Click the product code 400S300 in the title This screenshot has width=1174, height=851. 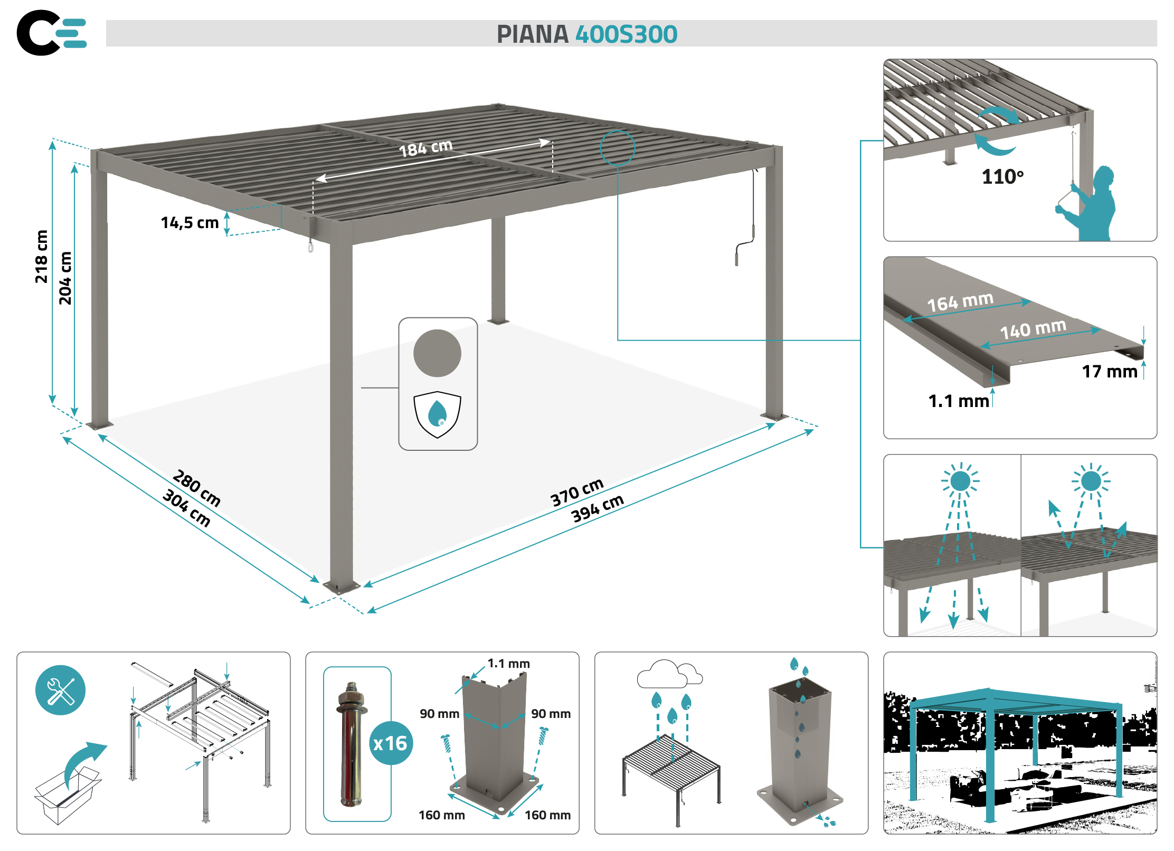[626, 34]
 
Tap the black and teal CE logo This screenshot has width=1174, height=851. [52, 33]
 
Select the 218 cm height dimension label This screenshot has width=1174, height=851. [41, 257]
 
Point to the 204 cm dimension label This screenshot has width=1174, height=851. [65, 278]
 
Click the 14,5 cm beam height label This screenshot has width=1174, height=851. [190, 223]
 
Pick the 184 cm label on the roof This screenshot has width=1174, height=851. [425, 148]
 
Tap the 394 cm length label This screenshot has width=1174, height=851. [598, 508]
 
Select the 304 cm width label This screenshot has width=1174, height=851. [186, 508]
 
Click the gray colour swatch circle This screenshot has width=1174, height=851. [437, 353]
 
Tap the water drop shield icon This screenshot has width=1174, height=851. [437, 414]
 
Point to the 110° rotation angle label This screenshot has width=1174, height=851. [1002, 177]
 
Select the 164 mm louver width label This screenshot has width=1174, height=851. [960, 301]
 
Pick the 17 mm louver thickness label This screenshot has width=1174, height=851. [1110, 372]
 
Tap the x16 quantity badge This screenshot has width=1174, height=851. [391, 743]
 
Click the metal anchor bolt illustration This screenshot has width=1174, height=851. [351, 744]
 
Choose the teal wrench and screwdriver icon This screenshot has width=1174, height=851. [60, 690]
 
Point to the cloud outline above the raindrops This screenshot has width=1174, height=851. [669, 674]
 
